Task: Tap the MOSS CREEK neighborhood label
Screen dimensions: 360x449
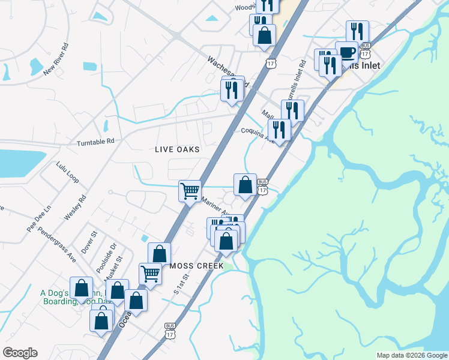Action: point(196,266)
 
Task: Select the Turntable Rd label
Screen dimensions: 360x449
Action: point(95,142)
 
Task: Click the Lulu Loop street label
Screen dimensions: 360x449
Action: point(67,172)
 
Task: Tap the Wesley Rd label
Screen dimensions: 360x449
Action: point(75,207)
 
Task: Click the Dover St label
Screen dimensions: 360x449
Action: point(89,242)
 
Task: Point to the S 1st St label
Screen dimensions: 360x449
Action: point(181,284)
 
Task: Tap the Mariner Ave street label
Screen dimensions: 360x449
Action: point(215,207)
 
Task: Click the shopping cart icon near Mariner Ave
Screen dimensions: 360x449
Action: point(190,191)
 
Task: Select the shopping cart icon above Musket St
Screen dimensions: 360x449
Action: point(150,274)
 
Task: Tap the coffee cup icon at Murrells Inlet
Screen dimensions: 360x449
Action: point(346,52)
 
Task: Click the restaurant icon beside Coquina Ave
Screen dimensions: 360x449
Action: point(279,130)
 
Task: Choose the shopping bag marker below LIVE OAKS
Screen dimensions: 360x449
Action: point(245,185)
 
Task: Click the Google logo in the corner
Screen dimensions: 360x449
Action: point(20,353)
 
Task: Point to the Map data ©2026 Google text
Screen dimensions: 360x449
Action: point(412,355)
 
